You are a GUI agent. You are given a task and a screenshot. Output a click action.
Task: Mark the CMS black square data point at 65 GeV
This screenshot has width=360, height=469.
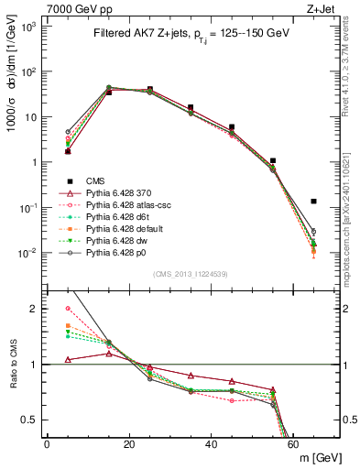(314, 201)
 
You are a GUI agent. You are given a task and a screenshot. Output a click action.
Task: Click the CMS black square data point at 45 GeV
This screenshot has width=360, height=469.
(232, 127)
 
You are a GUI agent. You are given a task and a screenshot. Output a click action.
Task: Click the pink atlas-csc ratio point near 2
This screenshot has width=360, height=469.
(68, 309)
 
